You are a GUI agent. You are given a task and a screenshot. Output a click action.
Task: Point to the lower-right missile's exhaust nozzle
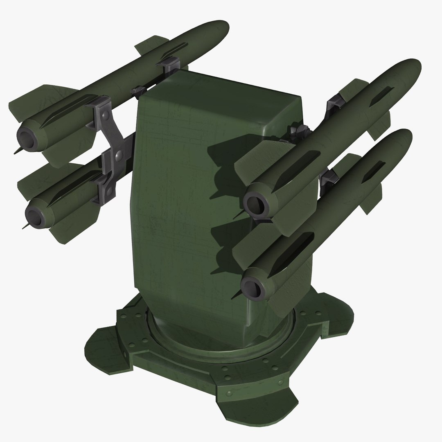click(x=253, y=285)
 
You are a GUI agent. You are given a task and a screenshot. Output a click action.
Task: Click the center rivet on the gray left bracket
click(x=118, y=155)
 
